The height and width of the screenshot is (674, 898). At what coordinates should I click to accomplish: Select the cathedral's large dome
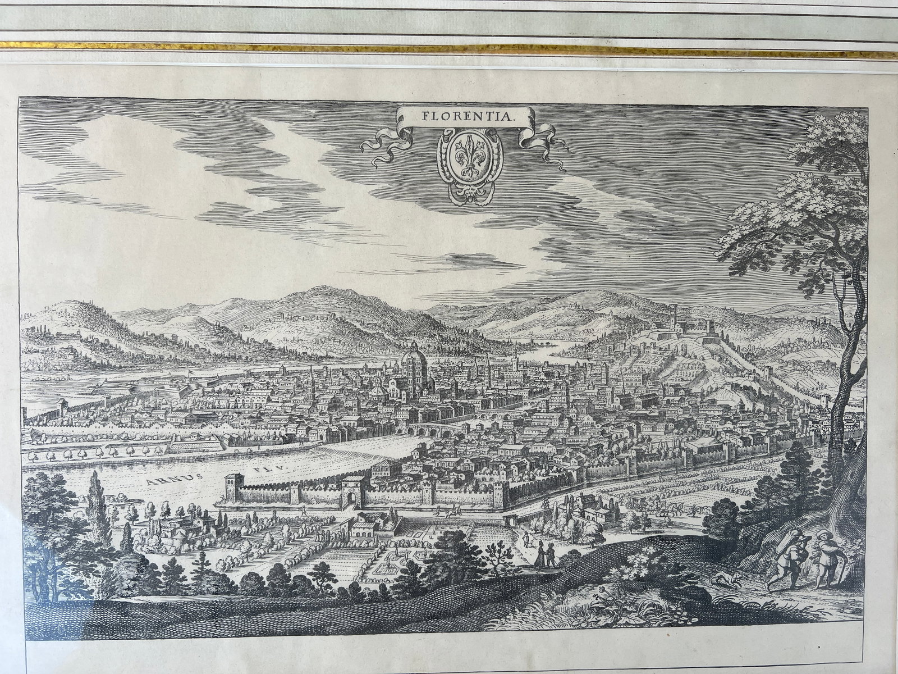click(413, 359)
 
